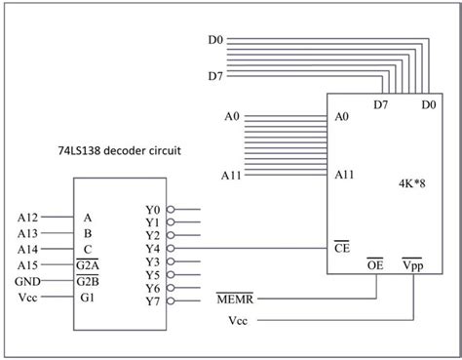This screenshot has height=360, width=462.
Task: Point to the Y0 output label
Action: (151, 209)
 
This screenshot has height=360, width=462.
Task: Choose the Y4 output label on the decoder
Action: (151, 249)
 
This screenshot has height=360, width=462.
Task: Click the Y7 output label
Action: (151, 301)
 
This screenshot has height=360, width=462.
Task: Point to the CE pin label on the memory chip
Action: (341, 249)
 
